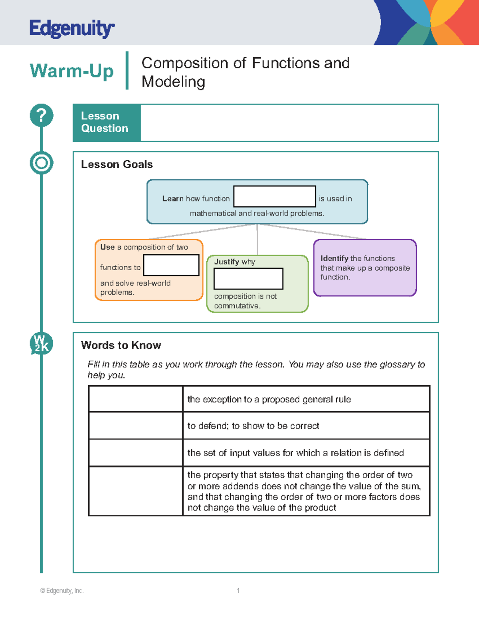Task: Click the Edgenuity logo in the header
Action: [72, 28]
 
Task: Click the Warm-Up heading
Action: [71, 71]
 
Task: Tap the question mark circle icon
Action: [42, 115]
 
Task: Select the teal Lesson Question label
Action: [107, 123]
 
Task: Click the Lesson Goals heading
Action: [117, 164]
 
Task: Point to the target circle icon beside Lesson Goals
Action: [42, 163]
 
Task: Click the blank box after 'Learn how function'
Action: [275, 196]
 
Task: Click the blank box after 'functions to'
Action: [171, 265]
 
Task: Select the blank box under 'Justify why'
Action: [249, 279]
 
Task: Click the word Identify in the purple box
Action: [334, 258]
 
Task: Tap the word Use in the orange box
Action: [107, 247]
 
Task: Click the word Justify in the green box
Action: [226, 261]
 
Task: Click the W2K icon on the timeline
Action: [42, 343]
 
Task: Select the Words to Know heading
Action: [121, 345]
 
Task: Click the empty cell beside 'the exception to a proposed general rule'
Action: [135, 399]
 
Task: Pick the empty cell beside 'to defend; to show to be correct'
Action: [135, 426]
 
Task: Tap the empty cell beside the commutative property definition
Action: [135, 491]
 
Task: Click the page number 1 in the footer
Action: [238, 590]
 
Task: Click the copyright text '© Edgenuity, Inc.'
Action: [62, 590]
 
